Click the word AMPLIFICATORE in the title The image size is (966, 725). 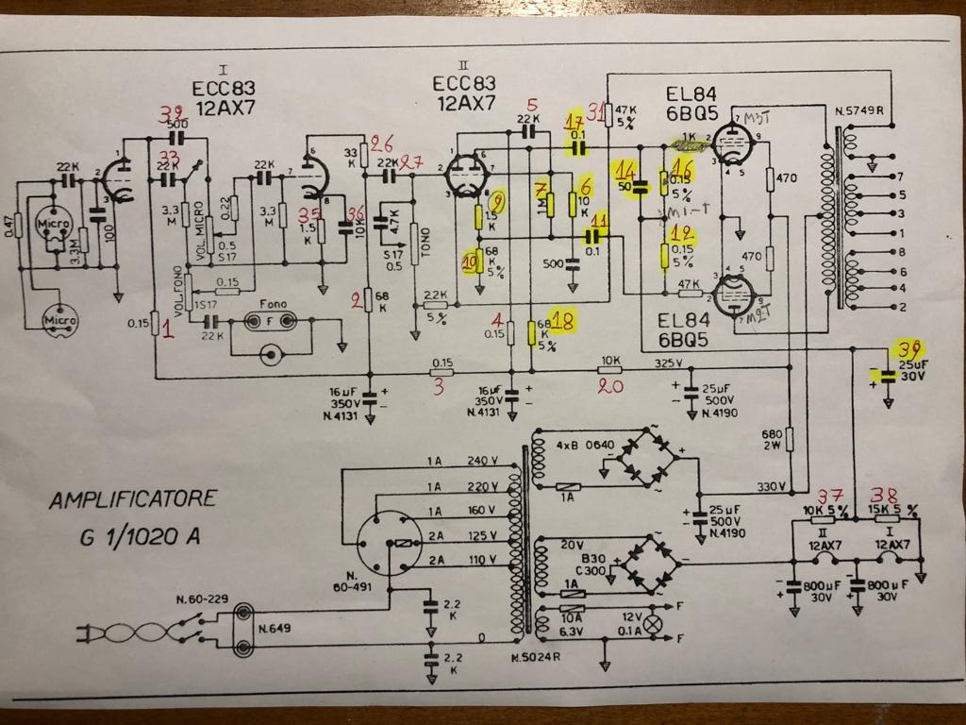[x=133, y=498]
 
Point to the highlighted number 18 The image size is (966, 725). [x=565, y=322]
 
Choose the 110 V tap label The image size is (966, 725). [x=482, y=560]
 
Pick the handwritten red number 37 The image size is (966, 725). [x=830, y=497]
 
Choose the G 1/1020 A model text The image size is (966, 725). [x=140, y=539]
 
